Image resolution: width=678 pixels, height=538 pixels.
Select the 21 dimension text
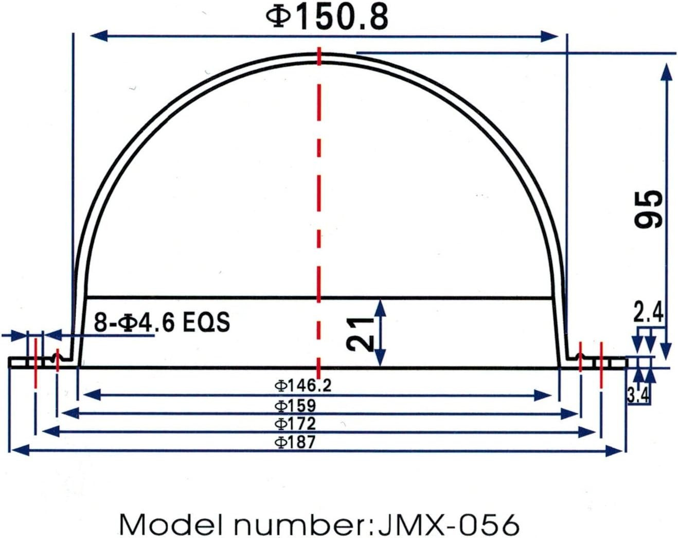click(360, 334)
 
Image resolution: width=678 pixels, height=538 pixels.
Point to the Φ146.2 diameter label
click(303, 385)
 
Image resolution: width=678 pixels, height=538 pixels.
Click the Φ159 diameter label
click(295, 406)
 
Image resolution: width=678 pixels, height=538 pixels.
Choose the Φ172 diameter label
click(295, 423)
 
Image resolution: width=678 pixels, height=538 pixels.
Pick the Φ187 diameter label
click(295, 442)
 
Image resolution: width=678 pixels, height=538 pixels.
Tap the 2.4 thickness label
click(648, 312)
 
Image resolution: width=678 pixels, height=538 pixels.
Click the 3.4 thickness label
click(638, 396)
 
